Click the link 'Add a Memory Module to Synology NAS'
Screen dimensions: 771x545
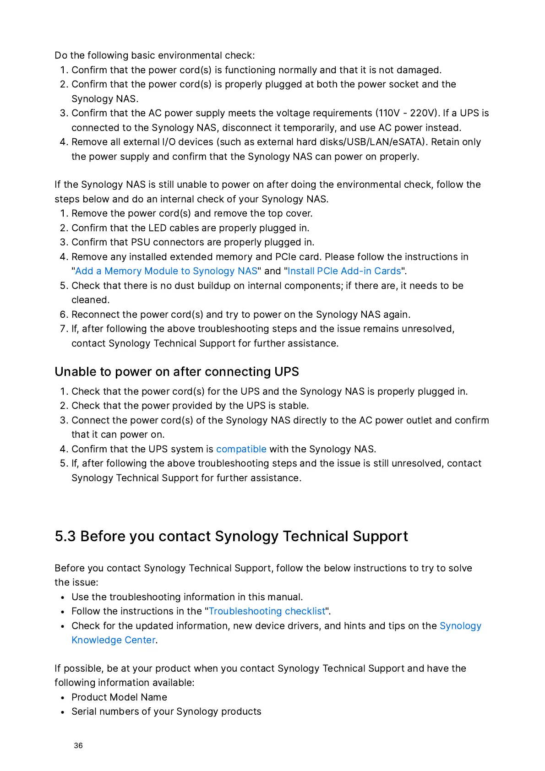[166, 271]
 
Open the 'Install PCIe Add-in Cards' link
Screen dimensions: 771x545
[344, 271]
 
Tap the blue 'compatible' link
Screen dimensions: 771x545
[241, 449]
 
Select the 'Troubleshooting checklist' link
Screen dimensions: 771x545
[267, 611]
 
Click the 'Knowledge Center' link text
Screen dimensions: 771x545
[114, 640]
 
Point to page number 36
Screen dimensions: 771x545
[78, 745]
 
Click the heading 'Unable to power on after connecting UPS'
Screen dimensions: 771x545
[177, 372]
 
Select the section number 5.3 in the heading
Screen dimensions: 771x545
[65, 536]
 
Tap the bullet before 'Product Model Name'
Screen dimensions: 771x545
[62, 698]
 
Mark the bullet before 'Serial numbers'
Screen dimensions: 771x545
[62, 712]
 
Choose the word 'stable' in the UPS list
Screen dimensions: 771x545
[293, 406]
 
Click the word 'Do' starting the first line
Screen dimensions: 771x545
[61, 55]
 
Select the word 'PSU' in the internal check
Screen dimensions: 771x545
[141, 242]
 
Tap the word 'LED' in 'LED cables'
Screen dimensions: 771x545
[157, 228]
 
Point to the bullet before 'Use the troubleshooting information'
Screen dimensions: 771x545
[62, 597]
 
